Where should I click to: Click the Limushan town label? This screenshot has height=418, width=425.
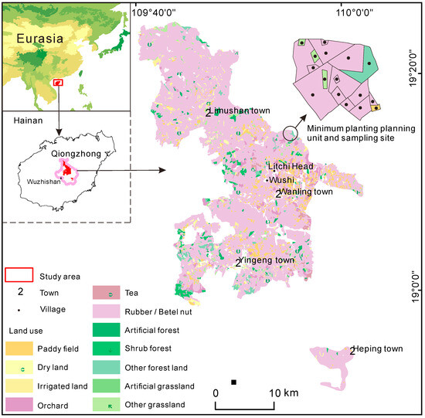(241, 111)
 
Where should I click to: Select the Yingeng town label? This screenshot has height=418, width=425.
(269, 261)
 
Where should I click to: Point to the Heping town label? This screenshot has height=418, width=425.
(378, 350)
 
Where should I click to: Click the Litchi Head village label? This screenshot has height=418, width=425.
(291, 167)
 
